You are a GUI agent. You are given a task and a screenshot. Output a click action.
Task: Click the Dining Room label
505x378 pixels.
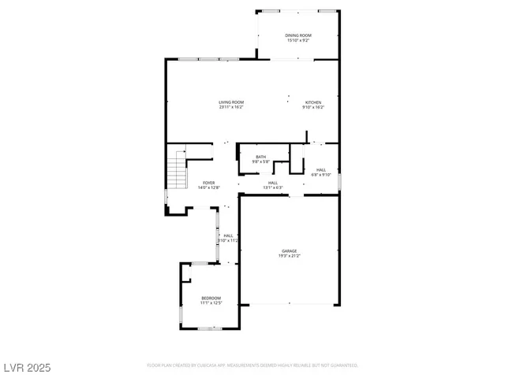298,35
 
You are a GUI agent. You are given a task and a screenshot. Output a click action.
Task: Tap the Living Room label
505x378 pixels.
231,102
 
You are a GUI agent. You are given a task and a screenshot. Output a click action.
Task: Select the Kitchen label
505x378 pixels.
314,102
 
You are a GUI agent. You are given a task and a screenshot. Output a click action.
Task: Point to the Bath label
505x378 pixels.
260,157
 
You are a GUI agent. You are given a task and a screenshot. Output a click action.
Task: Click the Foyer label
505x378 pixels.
208,183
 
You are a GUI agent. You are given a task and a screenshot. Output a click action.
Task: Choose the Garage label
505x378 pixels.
290,251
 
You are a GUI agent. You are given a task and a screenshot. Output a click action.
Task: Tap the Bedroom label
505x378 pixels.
211,298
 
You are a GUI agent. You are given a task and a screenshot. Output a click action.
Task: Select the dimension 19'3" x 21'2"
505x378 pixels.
290,256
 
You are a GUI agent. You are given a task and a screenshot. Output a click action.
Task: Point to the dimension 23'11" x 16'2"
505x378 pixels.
231,107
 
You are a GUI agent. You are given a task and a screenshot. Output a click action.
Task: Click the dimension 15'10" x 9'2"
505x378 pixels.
298,40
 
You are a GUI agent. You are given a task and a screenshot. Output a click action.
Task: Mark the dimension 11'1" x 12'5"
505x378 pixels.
211,302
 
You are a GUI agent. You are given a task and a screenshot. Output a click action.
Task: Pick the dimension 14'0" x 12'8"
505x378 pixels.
208,187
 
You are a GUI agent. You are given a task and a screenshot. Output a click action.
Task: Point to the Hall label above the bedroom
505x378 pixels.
228,235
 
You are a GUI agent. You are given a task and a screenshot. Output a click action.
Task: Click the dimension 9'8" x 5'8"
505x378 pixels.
260,161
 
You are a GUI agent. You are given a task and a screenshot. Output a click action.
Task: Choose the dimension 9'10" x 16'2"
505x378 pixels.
314,107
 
